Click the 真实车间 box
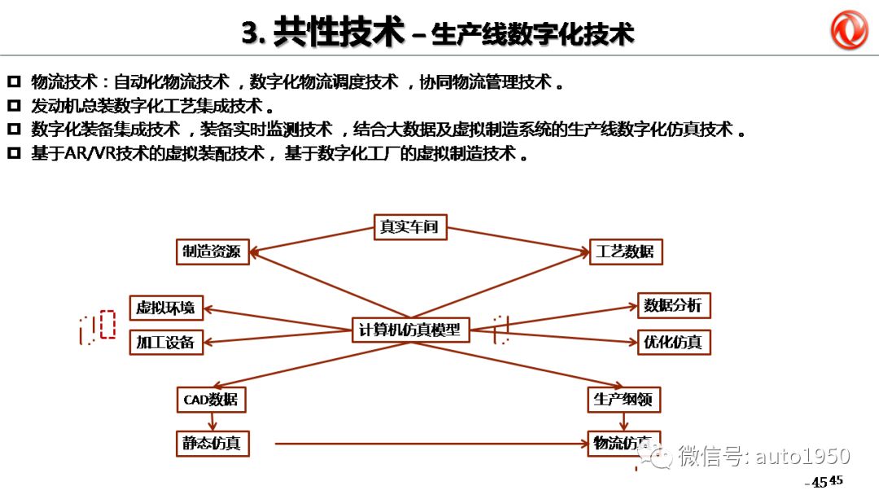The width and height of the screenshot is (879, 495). (409, 226)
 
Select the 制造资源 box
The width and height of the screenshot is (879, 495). (212, 252)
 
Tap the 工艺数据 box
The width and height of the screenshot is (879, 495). (625, 252)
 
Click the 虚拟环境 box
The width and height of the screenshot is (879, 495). (165, 308)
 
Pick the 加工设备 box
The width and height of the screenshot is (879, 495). (165, 342)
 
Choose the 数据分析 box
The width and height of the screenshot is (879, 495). (672, 305)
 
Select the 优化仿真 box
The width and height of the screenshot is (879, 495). (672, 342)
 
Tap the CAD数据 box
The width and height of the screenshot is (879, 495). (211, 400)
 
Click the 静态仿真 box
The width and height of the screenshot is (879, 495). (211, 444)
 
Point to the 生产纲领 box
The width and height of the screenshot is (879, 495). (623, 400)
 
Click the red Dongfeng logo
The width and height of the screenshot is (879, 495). (849, 30)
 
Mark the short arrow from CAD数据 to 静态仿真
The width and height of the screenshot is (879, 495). (212, 422)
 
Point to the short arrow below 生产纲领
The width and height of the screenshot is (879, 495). (624, 422)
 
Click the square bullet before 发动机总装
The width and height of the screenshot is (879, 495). (14, 106)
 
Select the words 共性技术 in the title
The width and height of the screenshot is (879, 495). (339, 33)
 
